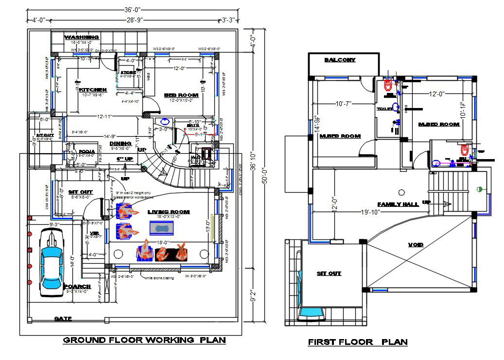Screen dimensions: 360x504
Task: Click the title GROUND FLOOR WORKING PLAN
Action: (144, 340)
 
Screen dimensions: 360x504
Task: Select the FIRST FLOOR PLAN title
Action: (357, 342)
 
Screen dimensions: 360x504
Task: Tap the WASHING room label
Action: (82, 37)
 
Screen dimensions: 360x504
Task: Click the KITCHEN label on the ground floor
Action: (93, 90)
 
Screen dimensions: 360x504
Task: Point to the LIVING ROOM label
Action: (169, 212)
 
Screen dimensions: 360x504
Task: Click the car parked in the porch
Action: (51, 260)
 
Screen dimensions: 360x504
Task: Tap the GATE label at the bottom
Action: (63, 319)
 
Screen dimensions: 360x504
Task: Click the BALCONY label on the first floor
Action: (340, 60)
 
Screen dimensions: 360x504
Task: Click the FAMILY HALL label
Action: (398, 204)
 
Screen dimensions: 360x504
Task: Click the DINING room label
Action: (120, 144)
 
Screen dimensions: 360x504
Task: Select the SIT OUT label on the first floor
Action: (329, 273)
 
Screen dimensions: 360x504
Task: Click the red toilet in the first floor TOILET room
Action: (388, 86)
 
